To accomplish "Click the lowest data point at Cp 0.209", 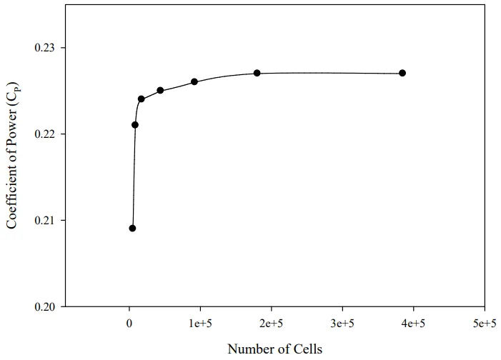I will pos(132,229).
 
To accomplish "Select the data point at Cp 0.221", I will pos(135,125).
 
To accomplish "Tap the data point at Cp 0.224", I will pos(141,99).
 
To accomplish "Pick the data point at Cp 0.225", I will pos(160,91).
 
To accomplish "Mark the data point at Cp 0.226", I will pos(194,81).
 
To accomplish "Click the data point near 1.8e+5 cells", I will pos(257,73).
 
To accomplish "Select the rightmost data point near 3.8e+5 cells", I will pos(402,73).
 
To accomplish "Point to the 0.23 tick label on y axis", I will pos(46,48).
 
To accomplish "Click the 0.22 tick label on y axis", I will pos(46,134).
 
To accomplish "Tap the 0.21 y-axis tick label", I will pos(46,220).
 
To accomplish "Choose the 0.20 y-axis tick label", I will pos(46,306).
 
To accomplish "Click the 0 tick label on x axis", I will pos(129,323).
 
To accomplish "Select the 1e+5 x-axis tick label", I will pos(200,323).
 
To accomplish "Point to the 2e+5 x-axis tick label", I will pos(271,323).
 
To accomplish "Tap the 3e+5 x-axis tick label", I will pos(342,323).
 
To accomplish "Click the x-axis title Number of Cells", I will pos(274,349).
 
